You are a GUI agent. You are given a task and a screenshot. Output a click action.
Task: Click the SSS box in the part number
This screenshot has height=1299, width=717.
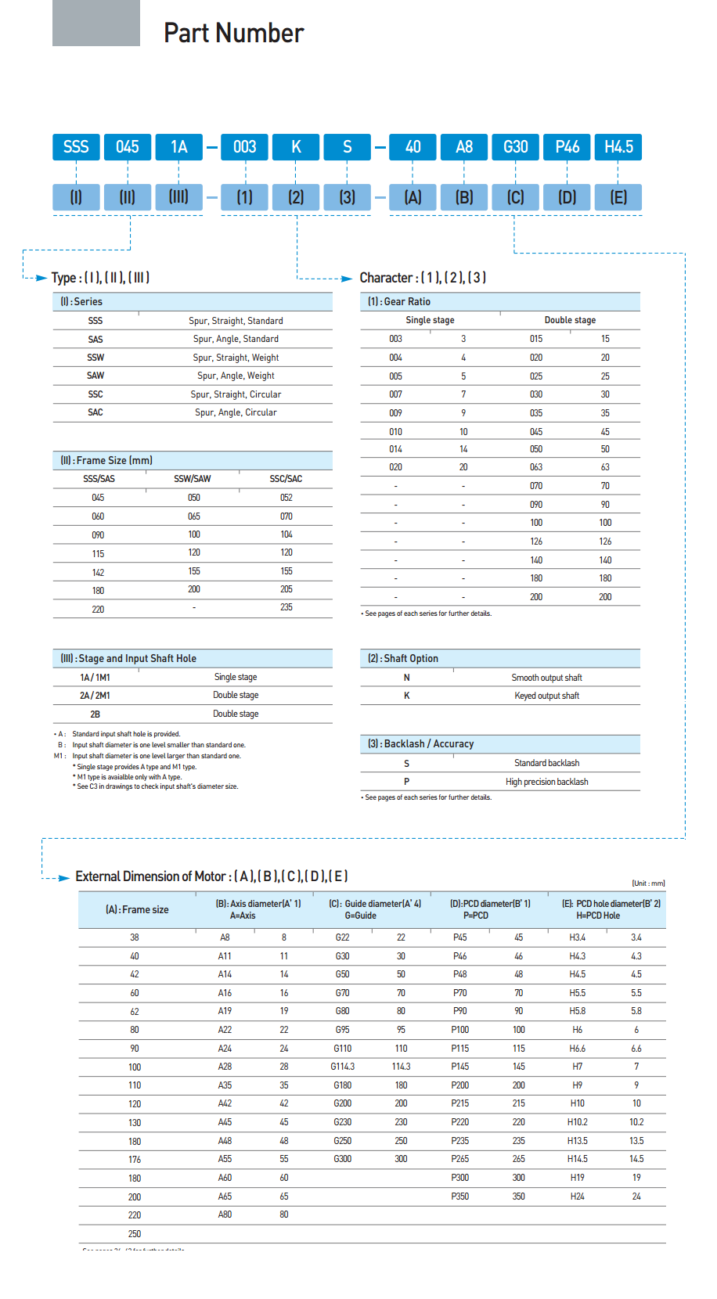(76, 147)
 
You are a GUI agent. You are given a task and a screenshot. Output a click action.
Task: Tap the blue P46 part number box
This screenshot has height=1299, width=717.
(567, 147)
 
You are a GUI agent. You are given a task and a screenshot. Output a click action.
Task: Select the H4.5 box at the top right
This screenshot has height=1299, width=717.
(618, 147)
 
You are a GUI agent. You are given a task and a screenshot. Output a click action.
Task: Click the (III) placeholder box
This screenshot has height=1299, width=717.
(178, 197)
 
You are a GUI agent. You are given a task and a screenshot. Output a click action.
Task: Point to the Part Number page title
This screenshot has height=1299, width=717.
(233, 33)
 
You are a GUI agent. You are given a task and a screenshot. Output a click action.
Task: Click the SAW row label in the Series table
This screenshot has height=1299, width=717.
(95, 376)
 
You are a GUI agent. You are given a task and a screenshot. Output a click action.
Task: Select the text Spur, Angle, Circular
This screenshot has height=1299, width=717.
(236, 412)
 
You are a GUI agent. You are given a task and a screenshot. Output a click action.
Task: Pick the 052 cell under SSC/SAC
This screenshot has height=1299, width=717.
(286, 498)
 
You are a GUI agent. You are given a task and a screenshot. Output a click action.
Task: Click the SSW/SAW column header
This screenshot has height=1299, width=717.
(193, 479)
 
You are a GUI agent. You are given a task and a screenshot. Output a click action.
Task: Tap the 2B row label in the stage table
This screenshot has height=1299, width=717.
(95, 714)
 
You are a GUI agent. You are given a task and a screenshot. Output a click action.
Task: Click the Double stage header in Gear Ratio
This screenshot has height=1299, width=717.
(570, 320)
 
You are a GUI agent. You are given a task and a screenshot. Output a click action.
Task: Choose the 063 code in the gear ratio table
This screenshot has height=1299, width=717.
(536, 467)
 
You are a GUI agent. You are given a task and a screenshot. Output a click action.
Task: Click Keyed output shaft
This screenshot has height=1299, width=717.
(546, 696)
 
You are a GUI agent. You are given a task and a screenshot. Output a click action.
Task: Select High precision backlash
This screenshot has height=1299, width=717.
(546, 782)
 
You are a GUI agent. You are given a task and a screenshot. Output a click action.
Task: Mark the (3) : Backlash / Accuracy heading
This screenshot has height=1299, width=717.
(421, 744)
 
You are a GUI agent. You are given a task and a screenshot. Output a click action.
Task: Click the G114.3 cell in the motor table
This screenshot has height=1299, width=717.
(342, 1067)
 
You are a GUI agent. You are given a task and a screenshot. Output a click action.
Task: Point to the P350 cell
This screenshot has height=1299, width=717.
(459, 1196)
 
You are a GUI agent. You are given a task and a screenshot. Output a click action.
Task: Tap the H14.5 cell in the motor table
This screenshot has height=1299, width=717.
(578, 1159)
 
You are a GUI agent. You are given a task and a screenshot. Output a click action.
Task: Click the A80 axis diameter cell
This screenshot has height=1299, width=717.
(225, 1214)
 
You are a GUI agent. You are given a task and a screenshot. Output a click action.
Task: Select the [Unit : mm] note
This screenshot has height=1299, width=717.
(648, 883)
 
